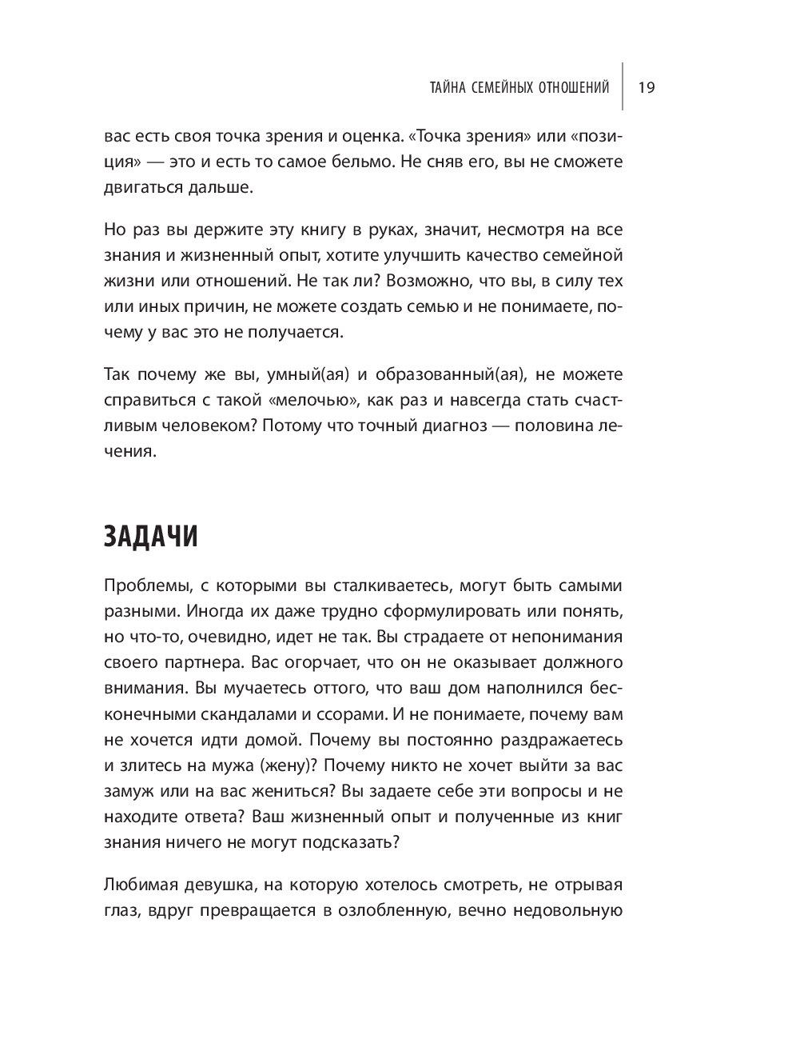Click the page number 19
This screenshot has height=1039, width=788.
647,87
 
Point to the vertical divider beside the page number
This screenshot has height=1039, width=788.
623,86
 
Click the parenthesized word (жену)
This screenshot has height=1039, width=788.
285,765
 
